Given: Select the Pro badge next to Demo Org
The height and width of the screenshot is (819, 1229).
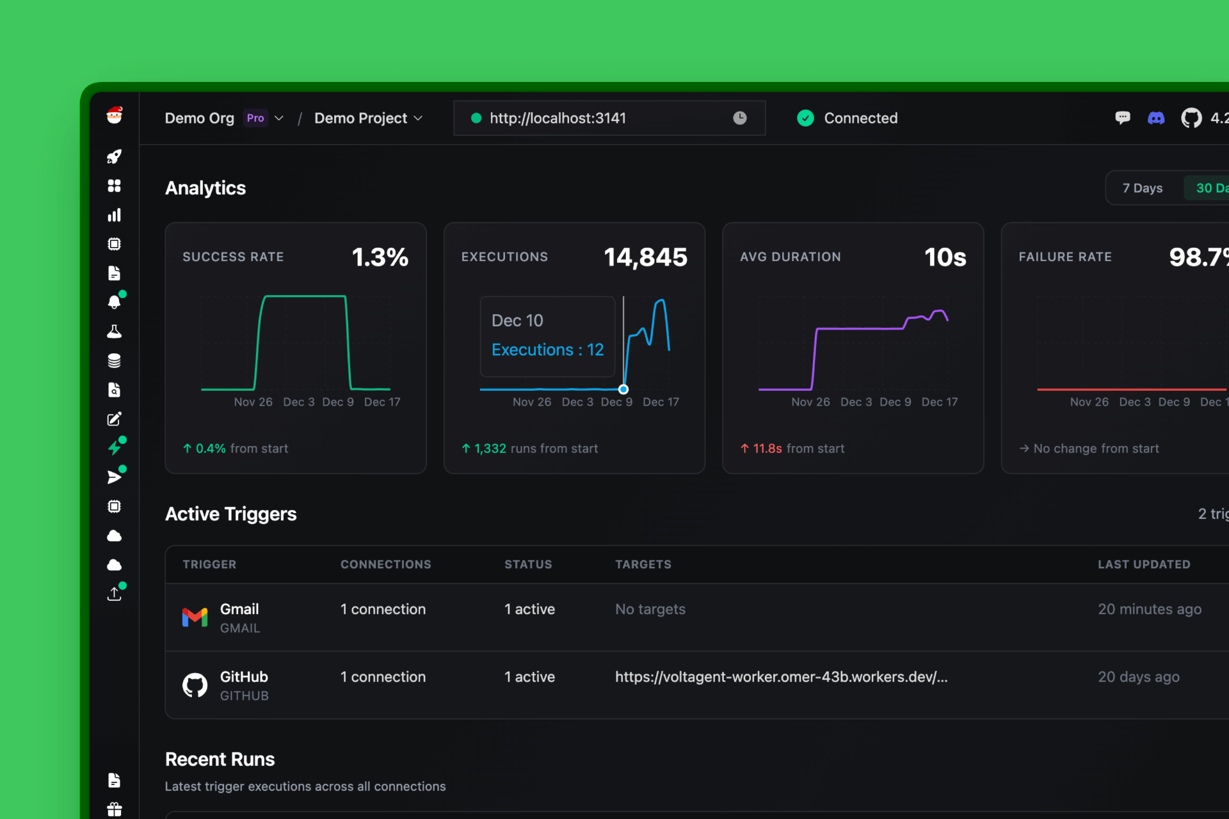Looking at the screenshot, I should click(255, 118).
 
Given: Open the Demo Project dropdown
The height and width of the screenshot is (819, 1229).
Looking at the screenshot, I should click(368, 118).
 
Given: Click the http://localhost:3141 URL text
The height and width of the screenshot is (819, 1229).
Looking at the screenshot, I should click(558, 118).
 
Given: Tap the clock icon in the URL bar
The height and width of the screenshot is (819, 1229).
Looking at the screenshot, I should click(739, 118).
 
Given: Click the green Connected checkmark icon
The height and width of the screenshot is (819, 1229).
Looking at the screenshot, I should click(805, 118).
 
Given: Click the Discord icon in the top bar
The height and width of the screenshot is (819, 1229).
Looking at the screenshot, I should click(1156, 118).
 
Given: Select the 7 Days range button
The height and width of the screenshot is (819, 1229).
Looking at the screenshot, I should click(1142, 188).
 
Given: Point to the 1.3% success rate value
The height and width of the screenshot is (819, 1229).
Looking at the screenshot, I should click(380, 257).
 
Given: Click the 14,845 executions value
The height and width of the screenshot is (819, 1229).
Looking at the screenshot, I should click(645, 257).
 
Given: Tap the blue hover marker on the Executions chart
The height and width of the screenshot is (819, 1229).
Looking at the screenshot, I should click(623, 389).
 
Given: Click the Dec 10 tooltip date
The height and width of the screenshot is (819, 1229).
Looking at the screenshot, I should click(517, 321).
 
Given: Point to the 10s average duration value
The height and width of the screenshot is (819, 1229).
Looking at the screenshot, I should click(945, 257).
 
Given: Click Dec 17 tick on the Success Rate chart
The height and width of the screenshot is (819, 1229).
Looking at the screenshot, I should click(382, 402).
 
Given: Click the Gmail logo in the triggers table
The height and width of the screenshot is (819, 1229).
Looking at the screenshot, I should click(195, 617).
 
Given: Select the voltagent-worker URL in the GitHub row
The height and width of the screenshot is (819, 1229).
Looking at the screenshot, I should click(781, 677).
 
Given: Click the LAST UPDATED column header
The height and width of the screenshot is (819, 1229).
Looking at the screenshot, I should click(1144, 564).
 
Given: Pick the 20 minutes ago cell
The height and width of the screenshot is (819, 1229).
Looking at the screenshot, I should click(1150, 609).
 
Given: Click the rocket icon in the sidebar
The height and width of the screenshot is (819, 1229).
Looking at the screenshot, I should click(114, 157).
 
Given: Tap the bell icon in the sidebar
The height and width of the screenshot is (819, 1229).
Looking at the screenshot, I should click(114, 302).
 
